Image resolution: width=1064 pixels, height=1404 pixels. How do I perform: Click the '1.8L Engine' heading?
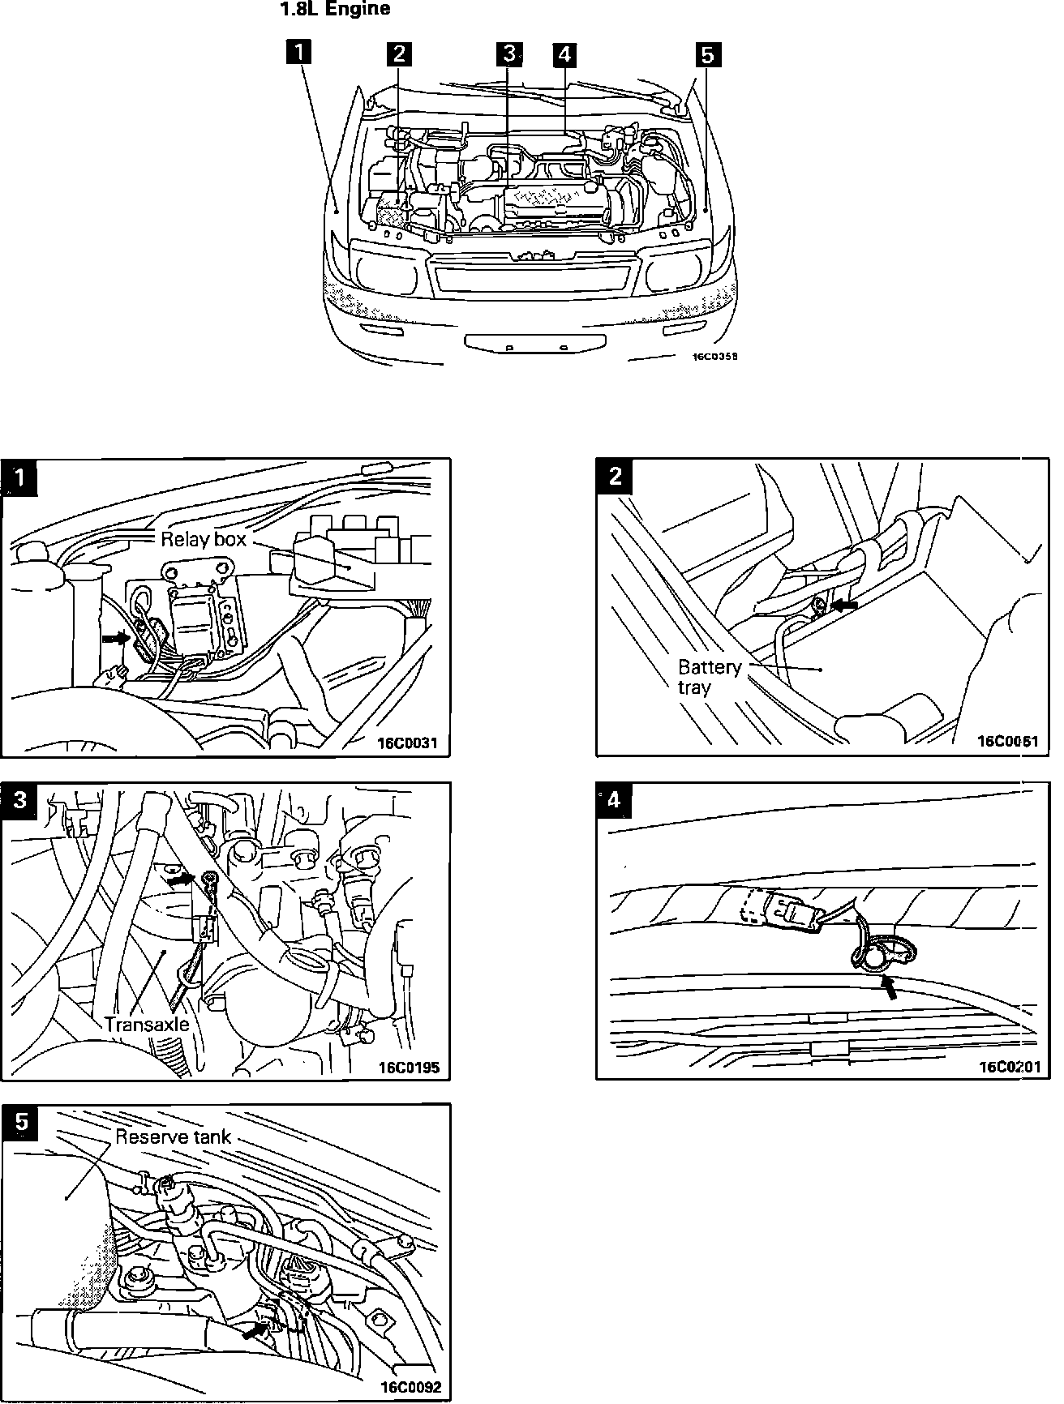coord(335,10)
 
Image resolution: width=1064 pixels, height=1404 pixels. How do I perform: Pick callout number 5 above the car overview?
coord(707,54)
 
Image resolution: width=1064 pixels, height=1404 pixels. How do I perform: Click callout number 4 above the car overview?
coord(564,54)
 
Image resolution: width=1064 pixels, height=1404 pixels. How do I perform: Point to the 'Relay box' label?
coord(203,539)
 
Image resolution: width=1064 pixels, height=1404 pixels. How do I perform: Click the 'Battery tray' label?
coord(710,677)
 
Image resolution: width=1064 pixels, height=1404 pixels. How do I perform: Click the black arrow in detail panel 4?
coord(890,987)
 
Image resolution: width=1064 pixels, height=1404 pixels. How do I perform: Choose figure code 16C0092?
coord(410,1387)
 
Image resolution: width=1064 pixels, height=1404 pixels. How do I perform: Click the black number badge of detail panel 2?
coord(616,476)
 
